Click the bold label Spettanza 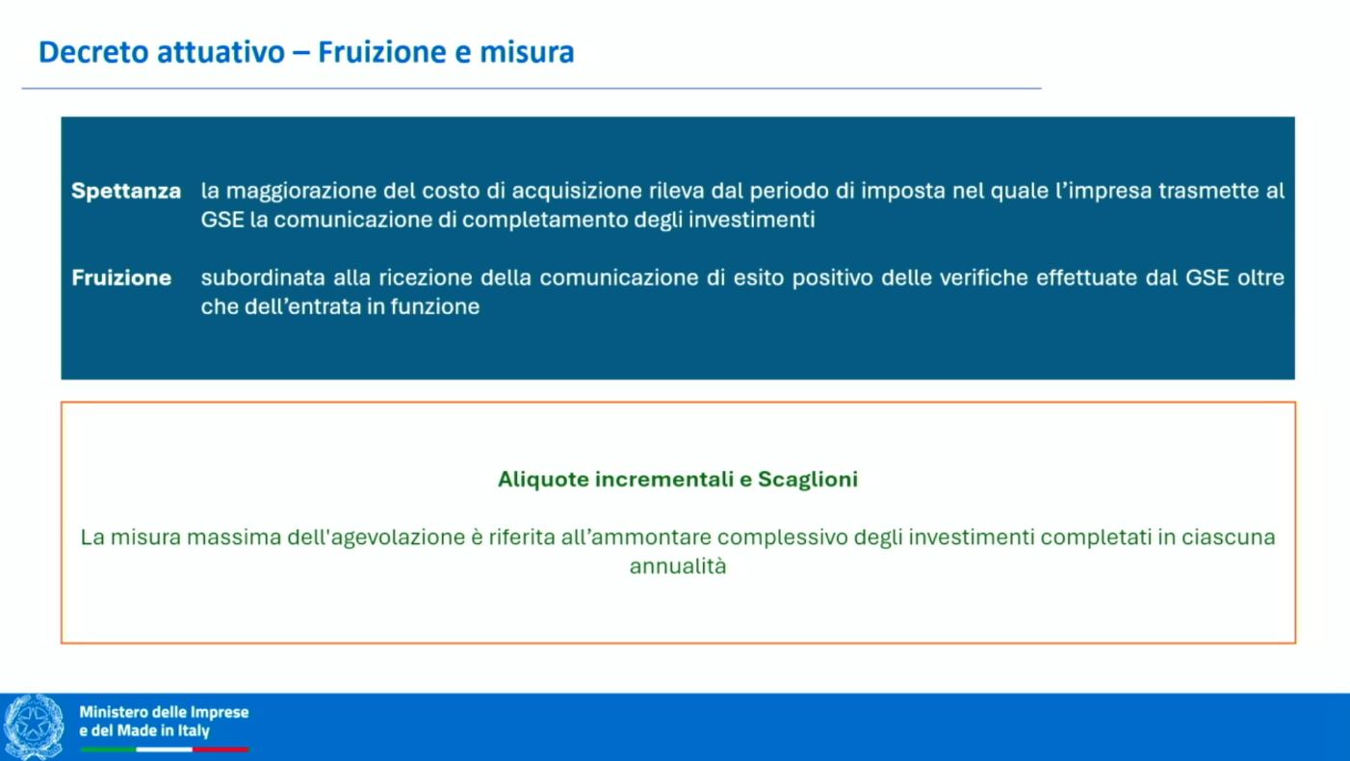point(126,191)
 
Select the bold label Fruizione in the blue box point(121,277)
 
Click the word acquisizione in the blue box point(561,191)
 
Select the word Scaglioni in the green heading point(808,479)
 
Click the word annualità point(678,566)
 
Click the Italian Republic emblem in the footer point(35,727)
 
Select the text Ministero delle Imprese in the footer point(164,712)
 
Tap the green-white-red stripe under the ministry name point(164,748)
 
